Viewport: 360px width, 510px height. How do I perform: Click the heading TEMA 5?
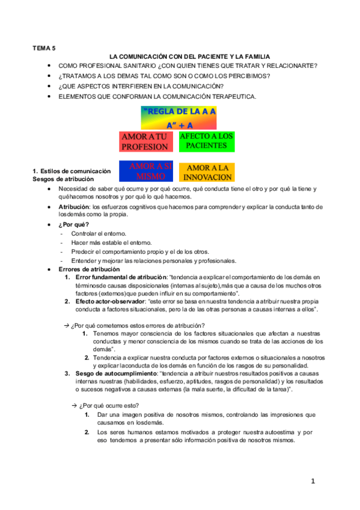[44, 46]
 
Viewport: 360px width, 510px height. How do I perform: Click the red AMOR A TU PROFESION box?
[145, 142]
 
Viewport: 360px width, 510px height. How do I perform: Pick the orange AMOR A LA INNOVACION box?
[206, 173]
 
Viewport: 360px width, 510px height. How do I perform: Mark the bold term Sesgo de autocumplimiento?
[115, 373]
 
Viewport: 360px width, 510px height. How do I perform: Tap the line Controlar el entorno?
[99, 233]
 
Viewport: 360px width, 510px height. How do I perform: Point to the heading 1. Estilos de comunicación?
[72, 171]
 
